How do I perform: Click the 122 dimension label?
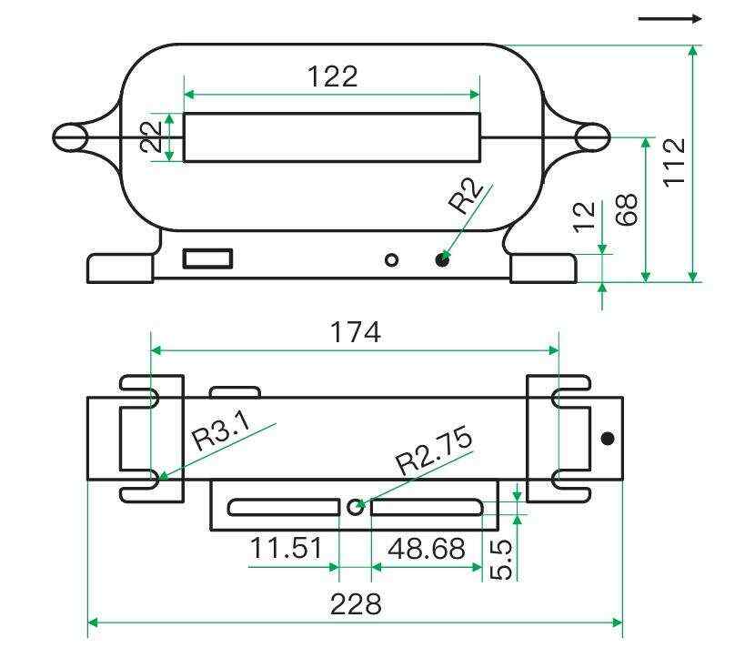point(332,76)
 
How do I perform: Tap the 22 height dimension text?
point(151,137)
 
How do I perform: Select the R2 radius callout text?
point(465,196)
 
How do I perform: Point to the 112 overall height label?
point(674,162)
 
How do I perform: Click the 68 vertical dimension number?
point(627,209)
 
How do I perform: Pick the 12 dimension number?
point(585,218)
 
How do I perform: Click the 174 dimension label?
point(356,332)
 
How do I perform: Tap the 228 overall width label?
point(356,604)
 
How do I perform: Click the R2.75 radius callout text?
point(434,450)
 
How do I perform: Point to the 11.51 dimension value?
point(286,548)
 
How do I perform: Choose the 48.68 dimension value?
point(427,548)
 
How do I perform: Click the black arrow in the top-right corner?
point(669,19)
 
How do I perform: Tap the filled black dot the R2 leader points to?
point(442,260)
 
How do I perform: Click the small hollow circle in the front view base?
point(392,260)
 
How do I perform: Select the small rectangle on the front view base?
point(207,258)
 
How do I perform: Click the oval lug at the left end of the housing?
point(70,137)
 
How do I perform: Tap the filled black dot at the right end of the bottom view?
point(608,439)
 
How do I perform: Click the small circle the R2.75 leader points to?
point(356,506)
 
